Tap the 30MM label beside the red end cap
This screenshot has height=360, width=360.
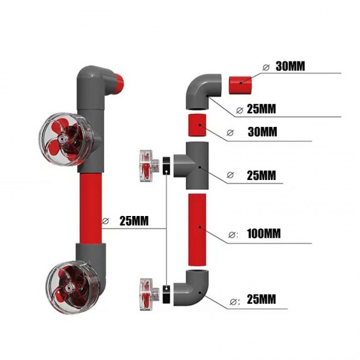tap(289, 66)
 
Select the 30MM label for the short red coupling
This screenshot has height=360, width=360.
tap(263, 132)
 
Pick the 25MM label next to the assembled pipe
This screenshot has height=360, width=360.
tap(135, 221)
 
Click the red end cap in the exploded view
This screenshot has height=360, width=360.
tap(240, 84)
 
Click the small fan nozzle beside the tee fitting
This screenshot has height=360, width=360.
tap(148, 165)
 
